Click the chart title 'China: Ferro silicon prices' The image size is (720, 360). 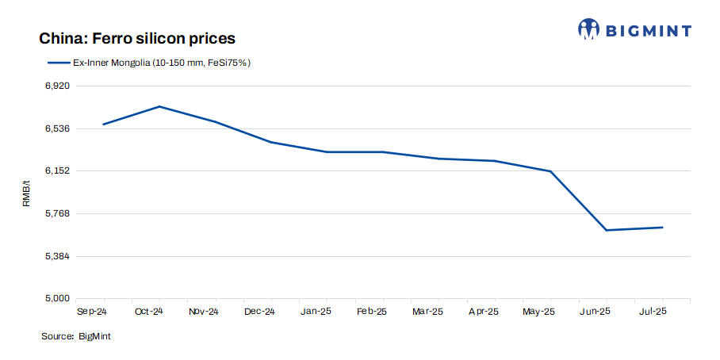tap(137, 38)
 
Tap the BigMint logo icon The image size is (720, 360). tap(589, 29)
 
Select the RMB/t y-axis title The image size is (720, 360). tap(26, 193)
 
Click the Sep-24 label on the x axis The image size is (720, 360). tap(93, 312)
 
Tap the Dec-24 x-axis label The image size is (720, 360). tap(260, 312)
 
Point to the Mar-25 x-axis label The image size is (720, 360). tap(427, 312)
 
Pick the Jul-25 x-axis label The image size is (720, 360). tap(652, 312)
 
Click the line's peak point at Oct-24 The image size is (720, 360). tap(159, 106)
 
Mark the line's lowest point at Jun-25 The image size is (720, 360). tap(607, 230)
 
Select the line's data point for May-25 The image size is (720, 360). tap(550, 171)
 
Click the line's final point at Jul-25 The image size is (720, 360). tap(662, 228)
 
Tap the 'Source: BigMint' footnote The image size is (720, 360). tap(76, 337)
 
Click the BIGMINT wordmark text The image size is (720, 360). tap(649, 30)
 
